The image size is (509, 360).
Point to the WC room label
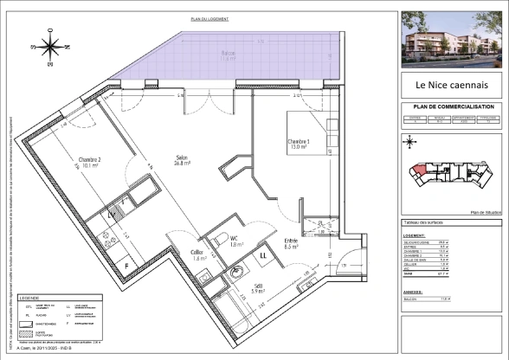(x=235, y=241)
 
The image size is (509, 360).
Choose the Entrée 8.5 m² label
(x=292, y=244)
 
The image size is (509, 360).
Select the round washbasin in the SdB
(x=235, y=274)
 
